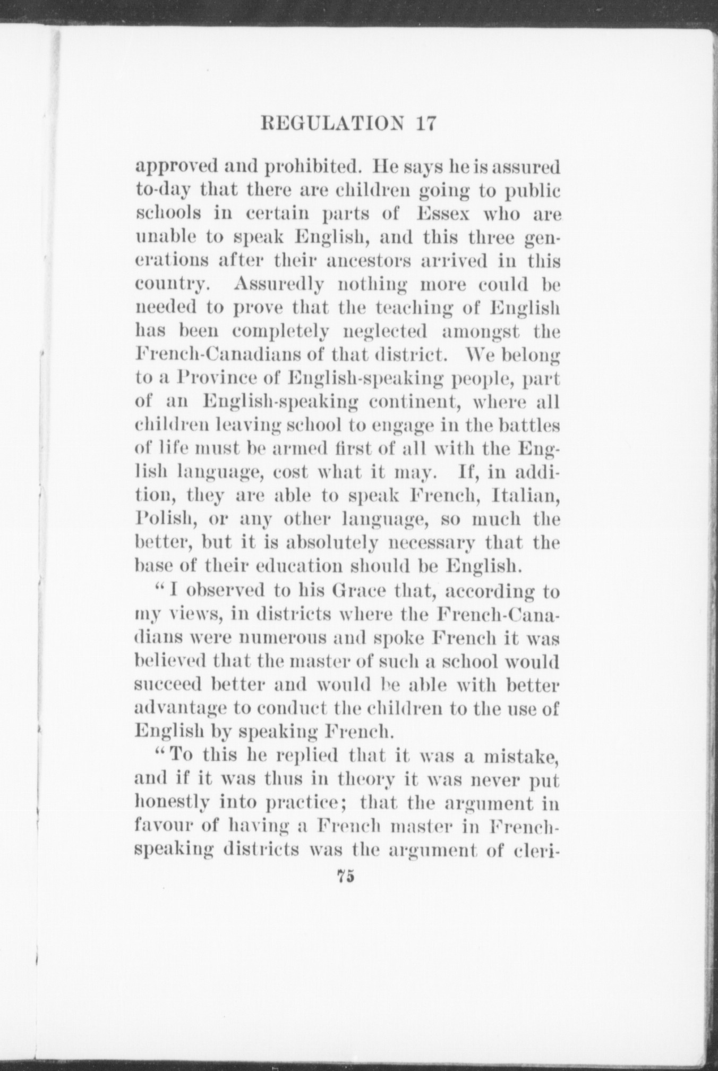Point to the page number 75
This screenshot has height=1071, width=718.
[x=345, y=878]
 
